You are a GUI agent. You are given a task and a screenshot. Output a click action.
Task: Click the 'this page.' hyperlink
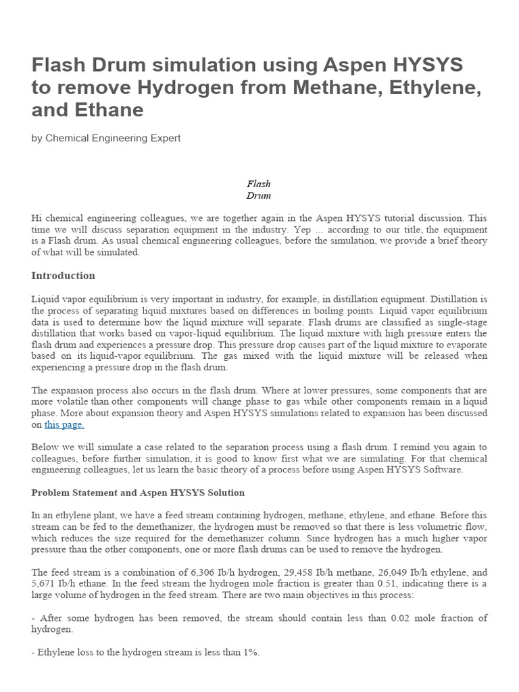(x=64, y=425)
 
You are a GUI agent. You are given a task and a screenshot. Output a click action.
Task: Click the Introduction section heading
(x=64, y=276)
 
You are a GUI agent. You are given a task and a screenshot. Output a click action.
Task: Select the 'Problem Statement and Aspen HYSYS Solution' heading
(x=138, y=493)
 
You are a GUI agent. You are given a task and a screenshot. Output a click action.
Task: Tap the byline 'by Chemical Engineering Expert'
(x=106, y=138)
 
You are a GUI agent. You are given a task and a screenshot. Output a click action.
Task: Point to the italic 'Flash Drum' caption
(x=258, y=189)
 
